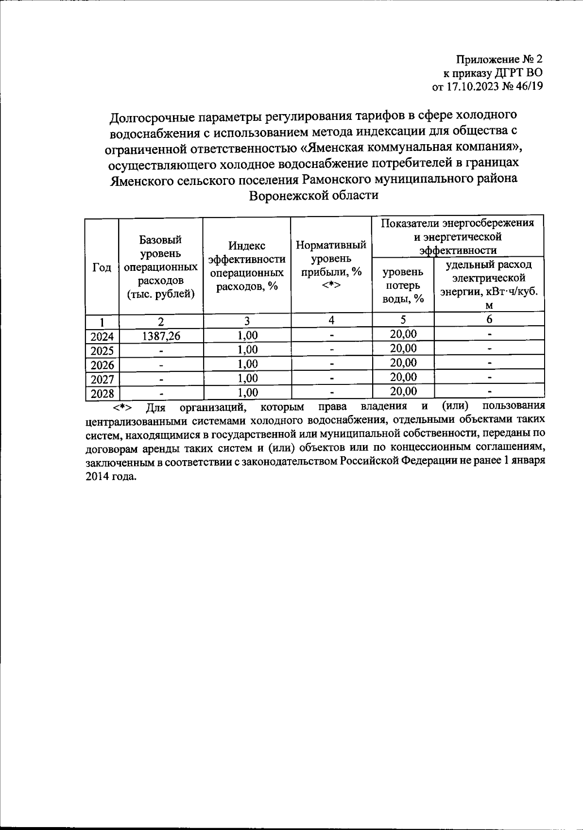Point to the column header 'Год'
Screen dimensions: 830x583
pos(102,268)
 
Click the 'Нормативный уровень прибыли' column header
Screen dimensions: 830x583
pos(331,265)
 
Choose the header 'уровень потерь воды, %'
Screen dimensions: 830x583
pos(403,285)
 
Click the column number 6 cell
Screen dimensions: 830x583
pos(489,319)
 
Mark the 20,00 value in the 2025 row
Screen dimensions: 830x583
pos(403,349)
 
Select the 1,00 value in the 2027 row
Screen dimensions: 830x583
pos(247,378)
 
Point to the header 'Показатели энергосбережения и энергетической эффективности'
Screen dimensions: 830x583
pos(457,236)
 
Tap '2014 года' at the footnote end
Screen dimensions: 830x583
pos(110,476)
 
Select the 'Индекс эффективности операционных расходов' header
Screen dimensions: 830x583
pos(247,266)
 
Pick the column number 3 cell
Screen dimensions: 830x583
pos(247,320)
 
